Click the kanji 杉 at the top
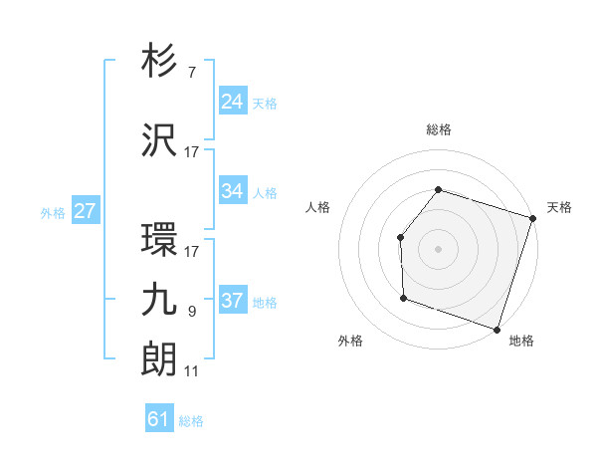click(160, 62)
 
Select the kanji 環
click(160, 241)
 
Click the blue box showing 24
click(233, 101)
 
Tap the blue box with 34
click(233, 191)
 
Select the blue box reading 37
click(233, 301)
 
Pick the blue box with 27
click(85, 211)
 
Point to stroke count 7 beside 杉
click(191, 73)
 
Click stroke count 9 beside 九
click(191, 312)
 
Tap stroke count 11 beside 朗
click(192, 371)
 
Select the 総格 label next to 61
click(191, 421)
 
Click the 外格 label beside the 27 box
click(52, 212)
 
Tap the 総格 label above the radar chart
click(438, 129)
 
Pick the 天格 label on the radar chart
click(559, 207)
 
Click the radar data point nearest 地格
click(497, 329)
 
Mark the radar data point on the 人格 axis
click(400, 237)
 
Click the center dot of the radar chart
click(438, 248)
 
